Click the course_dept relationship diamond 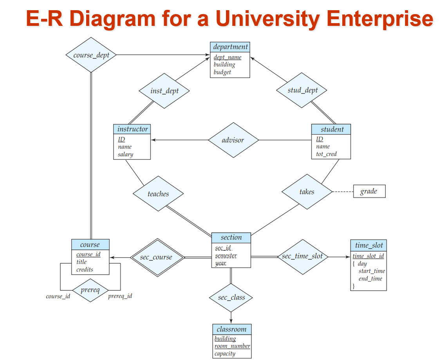tap(91, 55)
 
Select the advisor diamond tap(233, 140)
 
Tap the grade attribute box tap(369, 191)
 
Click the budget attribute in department tap(222, 72)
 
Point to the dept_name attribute tap(228, 58)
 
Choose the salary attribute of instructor tap(126, 154)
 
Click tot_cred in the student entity tap(327, 154)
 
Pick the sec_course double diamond tap(157, 257)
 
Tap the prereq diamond tap(90, 290)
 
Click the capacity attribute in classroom tap(225, 353)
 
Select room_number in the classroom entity tap(232, 346)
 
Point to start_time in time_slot tap(372, 271)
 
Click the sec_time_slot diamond tap(302, 257)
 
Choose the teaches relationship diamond tap(158, 194)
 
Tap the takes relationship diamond tap(307, 192)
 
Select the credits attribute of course tap(85, 270)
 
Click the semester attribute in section tap(226, 256)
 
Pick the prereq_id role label tap(120, 296)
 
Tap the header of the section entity tap(231, 237)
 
